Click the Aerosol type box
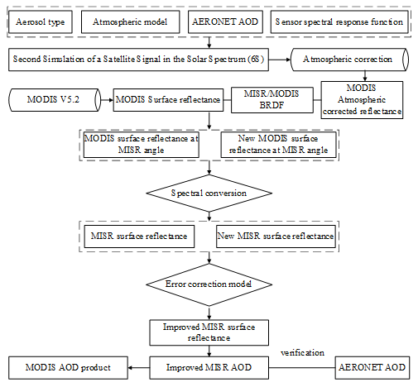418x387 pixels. pos(41,21)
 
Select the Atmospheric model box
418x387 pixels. pos(130,21)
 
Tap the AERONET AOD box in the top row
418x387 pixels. pos(225,21)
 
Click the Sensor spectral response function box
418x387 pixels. pos(339,21)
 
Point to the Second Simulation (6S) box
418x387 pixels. pos(138,60)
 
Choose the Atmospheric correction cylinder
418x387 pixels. pos(349,60)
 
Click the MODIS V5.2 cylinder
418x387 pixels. pos(55,100)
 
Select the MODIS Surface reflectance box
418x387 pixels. pos(168,100)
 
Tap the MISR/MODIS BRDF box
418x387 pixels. pos(272,100)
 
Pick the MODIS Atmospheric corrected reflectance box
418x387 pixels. pos(362,100)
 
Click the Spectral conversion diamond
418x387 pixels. pos(209,193)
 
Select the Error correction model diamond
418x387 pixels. pos(209,284)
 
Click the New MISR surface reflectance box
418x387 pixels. pos(276,236)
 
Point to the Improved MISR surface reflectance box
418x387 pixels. pos(209,332)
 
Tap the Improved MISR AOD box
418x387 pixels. pos(209,368)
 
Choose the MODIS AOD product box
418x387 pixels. pos(68,368)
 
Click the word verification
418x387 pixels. pos(302,352)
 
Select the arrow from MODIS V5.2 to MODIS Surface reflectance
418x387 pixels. pos(107,100)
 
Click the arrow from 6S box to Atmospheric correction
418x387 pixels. pos(280,60)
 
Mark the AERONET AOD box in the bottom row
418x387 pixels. pos(372,368)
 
